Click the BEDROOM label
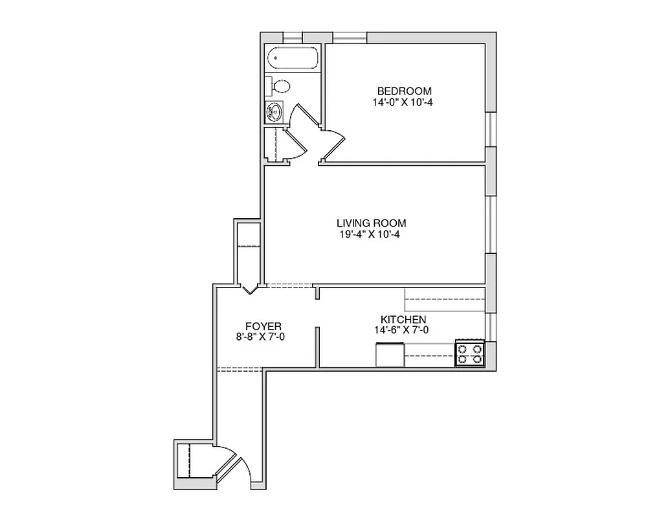click(404, 91)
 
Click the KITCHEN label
click(403, 319)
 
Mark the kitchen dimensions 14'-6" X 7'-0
click(401, 330)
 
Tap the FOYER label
click(263, 326)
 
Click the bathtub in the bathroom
click(293, 58)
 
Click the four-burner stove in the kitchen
click(470, 353)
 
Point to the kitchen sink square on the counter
click(390, 355)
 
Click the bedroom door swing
click(334, 144)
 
